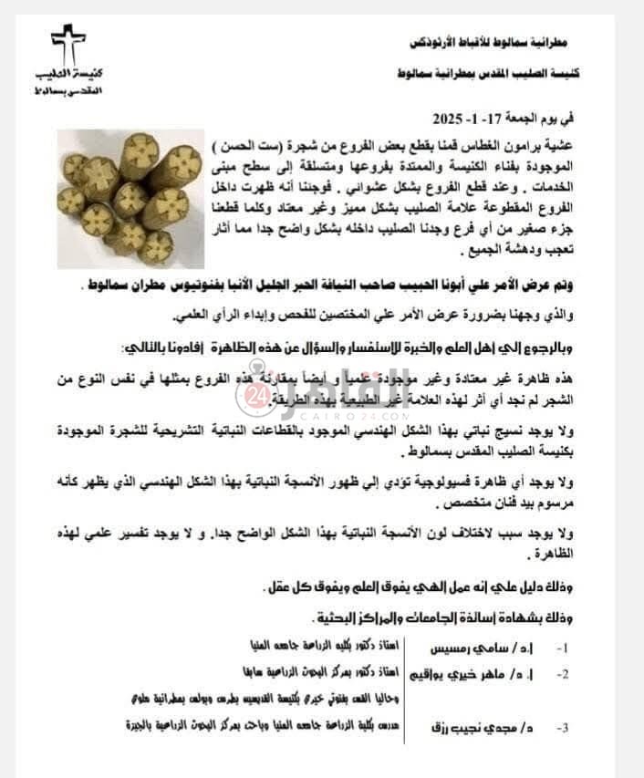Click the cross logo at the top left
click(x=68, y=44)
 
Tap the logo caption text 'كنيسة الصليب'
click(x=68, y=75)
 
